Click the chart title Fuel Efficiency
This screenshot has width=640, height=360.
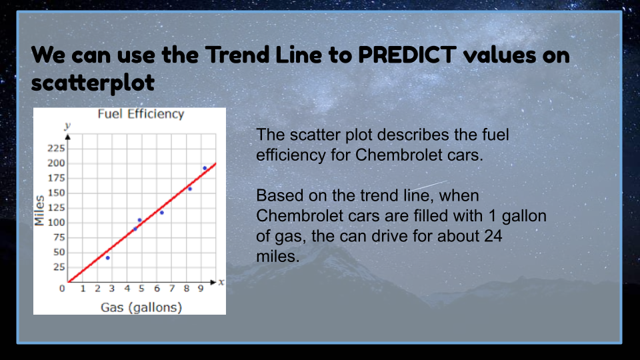coord(141,114)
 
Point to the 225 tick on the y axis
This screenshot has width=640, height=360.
coord(56,148)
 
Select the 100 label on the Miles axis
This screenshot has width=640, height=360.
coord(56,223)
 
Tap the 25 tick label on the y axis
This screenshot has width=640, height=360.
coord(59,267)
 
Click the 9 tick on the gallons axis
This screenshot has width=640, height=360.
coord(201,289)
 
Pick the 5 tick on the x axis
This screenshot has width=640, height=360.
coord(141,289)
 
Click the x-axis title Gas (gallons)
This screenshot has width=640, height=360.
coord(141,307)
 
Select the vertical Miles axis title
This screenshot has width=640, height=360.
coord(39,210)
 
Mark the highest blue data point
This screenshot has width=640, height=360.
coord(205,168)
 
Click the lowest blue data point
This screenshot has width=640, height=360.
coord(108,258)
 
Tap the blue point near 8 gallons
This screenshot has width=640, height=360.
coord(190,189)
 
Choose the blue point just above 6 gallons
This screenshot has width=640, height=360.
coord(161,213)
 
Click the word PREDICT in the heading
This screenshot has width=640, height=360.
coord(407,55)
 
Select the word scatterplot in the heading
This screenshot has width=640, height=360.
coord(93,83)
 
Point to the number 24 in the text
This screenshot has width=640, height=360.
coord(493,236)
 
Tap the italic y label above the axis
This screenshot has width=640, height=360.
coord(68,126)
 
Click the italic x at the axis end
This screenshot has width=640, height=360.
coord(221,282)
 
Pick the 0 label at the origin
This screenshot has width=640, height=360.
coord(62,289)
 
